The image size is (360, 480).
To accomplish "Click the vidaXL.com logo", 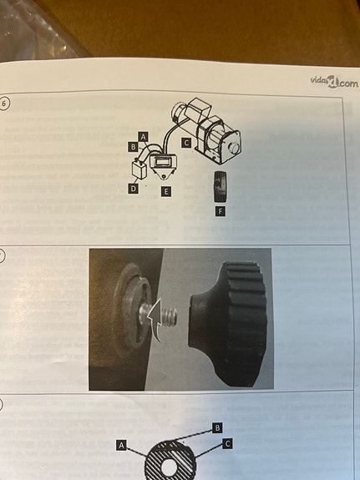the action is (334, 82).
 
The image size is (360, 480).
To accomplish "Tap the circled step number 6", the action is (4, 104).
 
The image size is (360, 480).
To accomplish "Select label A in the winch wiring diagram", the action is (144, 137).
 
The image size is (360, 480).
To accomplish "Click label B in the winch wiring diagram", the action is (133, 147).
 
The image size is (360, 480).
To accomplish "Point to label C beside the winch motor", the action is (186, 143).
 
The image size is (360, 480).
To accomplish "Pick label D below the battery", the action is (133, 189).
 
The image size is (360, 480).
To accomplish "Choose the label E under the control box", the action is (165, 192).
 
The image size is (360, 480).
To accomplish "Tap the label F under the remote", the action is (220, 210).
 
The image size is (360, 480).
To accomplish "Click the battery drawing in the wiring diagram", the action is (139, 169).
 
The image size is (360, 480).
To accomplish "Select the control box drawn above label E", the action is (163, 165).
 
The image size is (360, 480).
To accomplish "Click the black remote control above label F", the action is (220, 186).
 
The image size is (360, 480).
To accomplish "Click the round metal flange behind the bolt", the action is (132, 309).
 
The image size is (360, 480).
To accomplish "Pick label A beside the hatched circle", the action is (122, 445).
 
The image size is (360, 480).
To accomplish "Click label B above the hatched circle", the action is (217, 427).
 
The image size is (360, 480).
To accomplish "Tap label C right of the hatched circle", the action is (227, 443).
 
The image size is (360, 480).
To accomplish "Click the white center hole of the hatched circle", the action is (168, 468).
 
